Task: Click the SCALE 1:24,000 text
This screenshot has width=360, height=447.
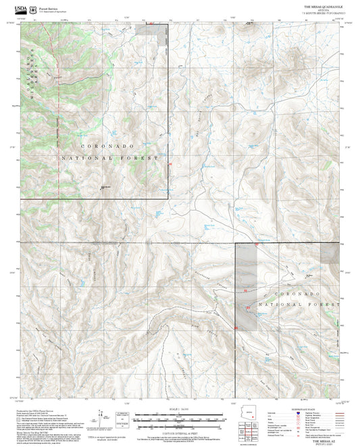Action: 180,409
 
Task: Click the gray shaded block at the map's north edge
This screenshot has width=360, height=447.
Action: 153,28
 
